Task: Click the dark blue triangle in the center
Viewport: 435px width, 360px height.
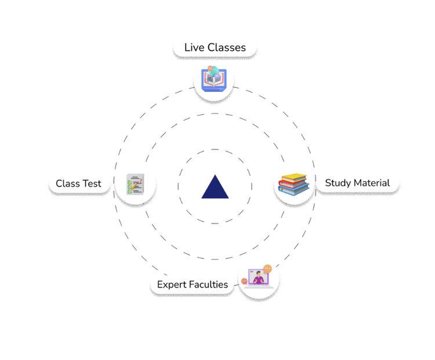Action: (x=215, y=188)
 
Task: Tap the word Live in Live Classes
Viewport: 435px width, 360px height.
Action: (x=194, y=48)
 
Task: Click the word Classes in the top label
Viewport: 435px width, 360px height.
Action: (x=226, y=48)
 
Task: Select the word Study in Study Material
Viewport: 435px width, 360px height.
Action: (x=338, y=183)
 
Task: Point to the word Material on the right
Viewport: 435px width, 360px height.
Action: (x=372, y=183)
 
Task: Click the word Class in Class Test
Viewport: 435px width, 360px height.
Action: (x=67, y=184)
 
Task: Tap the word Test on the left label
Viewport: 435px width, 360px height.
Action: (x=92, y=184)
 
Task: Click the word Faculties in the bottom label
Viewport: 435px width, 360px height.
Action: (x=209, y=285)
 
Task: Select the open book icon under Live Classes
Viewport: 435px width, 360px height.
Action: (x=213, y=79)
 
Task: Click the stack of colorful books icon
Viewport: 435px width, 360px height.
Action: (x=293, y=185)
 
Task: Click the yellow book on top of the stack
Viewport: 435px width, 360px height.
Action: (x=295, y=177)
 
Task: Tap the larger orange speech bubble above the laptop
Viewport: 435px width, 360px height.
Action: (x=267, y=268)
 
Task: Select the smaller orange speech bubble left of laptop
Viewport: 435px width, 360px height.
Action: (x=244, y=281)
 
